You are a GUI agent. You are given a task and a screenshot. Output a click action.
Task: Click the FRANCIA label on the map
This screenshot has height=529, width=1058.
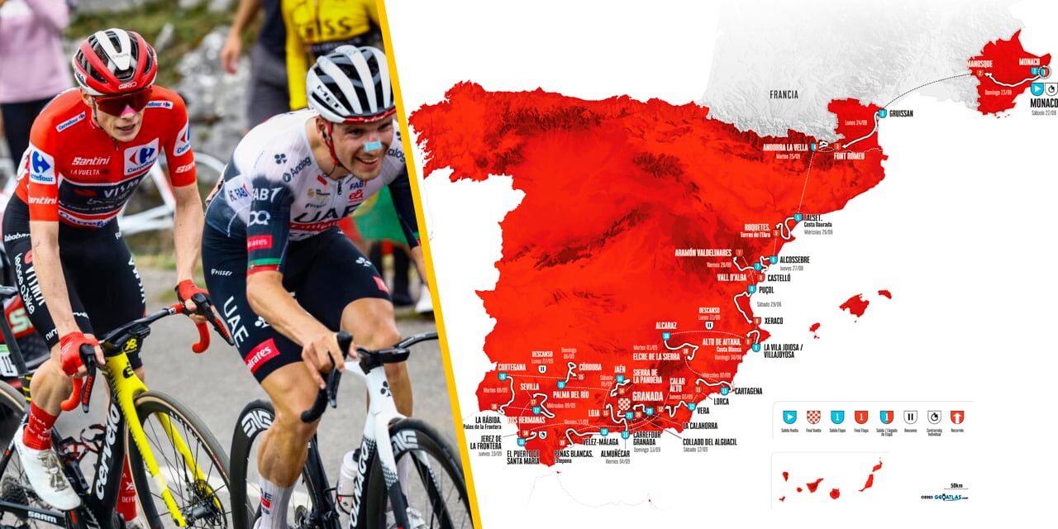point(784,94)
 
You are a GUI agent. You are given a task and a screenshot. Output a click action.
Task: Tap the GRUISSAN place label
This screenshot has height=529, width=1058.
point(901,113)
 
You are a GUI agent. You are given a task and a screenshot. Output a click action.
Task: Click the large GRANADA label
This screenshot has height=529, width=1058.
point(648,396)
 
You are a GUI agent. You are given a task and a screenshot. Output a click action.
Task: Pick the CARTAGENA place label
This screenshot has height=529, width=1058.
point(746,391)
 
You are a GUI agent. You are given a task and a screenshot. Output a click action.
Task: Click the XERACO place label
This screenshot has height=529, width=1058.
point(774,321)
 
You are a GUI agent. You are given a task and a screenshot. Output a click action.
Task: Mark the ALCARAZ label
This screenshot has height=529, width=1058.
point(666,326)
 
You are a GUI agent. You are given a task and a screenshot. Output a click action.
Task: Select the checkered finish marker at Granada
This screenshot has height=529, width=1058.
point(624,404)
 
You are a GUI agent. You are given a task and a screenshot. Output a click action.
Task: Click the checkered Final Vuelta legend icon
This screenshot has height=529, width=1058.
point(813,417)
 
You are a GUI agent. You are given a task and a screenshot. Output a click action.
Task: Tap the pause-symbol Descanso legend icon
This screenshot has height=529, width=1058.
point(910,417)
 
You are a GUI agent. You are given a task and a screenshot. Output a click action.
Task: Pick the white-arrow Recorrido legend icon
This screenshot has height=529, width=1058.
point(958,417)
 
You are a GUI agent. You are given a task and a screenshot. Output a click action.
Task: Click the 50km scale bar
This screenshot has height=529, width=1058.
point(955,489)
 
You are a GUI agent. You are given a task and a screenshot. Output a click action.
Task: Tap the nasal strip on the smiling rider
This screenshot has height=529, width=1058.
point(373,145)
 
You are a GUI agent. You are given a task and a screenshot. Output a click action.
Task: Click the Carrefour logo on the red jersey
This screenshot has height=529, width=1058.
point(141,157)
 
